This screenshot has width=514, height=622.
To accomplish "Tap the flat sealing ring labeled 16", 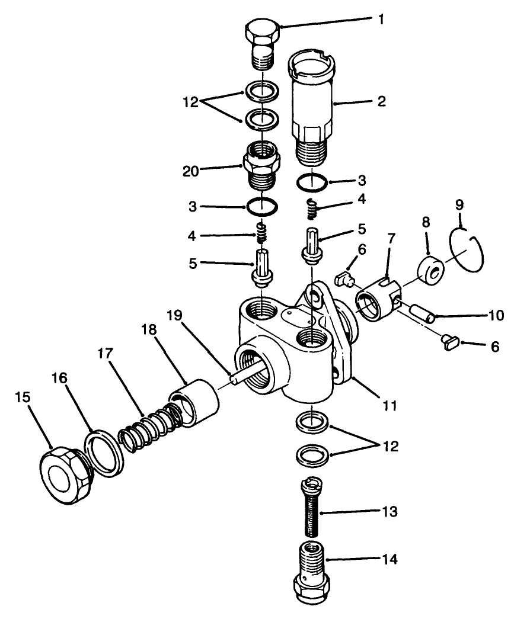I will pyautogui.click(x=104, y=453).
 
